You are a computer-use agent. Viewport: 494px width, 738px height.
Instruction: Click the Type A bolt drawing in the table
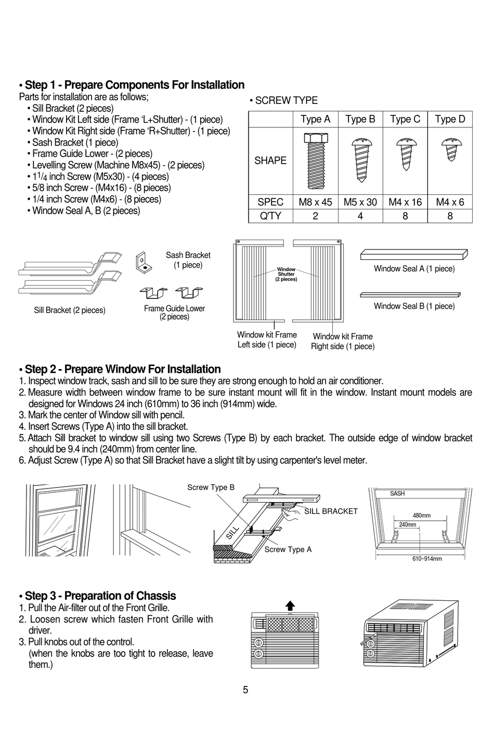point(315,159)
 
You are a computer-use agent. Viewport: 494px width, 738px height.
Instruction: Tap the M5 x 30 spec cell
point(360,202)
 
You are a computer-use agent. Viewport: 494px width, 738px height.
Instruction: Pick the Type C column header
point(405,120)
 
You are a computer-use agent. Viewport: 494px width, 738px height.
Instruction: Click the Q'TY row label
point(270,216)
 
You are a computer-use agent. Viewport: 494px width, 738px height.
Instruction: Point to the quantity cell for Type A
point(315,216)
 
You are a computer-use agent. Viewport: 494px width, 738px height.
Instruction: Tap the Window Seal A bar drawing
point(414,254)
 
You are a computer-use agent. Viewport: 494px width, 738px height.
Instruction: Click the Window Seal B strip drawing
point(414,294)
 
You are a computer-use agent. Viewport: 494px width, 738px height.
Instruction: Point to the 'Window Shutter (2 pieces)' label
point(286,274)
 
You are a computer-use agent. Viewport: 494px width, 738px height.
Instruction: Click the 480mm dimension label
point(421,516)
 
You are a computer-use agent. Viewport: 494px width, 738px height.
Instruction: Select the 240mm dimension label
point(407,525)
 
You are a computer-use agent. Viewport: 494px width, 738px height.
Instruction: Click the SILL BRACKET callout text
point(331,511)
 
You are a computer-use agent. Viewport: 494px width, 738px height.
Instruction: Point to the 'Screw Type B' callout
point(211,487)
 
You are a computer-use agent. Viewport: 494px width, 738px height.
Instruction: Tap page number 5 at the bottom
point(245,690)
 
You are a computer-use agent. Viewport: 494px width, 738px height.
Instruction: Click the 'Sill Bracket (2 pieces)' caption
point(70,310)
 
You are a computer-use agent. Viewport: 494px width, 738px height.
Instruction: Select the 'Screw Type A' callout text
point(288,550)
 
